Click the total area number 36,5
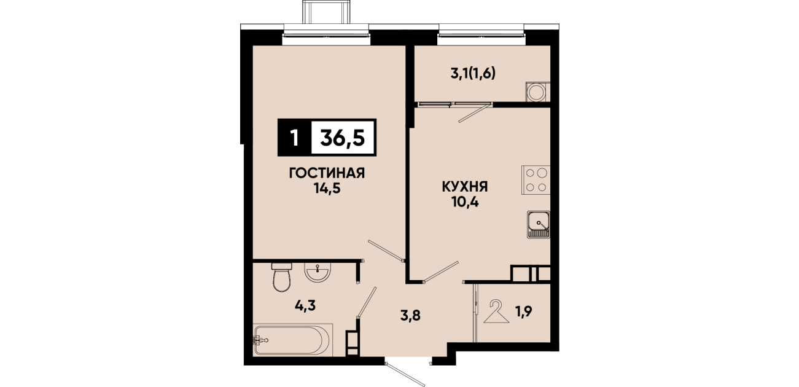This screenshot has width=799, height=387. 343,138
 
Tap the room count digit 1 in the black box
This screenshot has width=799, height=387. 294,138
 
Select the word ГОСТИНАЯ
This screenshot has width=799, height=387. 327,173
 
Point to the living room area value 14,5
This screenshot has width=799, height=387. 327,189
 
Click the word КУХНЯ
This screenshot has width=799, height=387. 465,187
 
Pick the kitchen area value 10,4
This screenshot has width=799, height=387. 465,202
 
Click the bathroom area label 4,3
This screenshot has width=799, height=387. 305,306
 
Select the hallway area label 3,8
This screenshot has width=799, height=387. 410,315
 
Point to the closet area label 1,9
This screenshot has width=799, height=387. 524,311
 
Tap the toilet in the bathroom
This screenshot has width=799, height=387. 282,278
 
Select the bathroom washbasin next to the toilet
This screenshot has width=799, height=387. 318,273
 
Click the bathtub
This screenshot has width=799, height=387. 292,340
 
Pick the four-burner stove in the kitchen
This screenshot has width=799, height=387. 536,180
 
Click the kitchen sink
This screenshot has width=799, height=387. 538,224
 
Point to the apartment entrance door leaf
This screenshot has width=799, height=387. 405,375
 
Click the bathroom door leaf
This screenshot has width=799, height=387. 366,302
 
